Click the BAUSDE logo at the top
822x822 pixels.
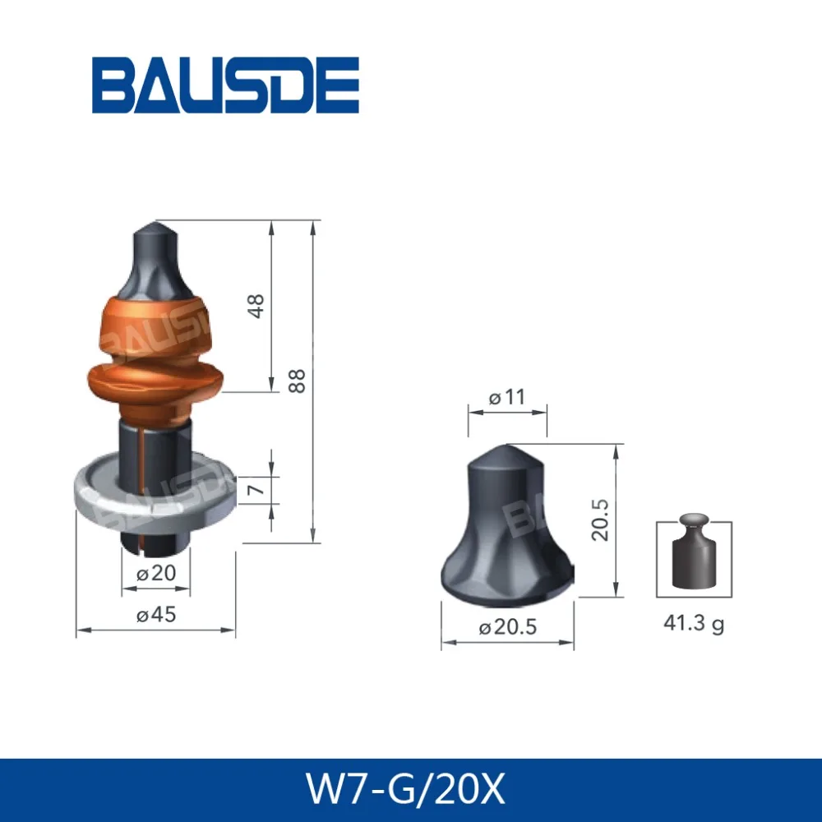point(225,85)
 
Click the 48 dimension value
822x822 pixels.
point(256,307)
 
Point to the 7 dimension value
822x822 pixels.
point(256,491)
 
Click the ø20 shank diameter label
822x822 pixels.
point(155,574)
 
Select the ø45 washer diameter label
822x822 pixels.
point(155,615)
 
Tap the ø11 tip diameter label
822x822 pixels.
point(506,398)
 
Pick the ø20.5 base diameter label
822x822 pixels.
point(507,627)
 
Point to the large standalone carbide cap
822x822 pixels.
point(506,526)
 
